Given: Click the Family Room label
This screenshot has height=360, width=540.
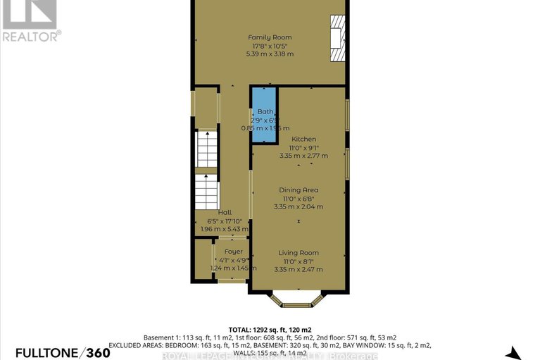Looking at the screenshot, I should coord(270,37).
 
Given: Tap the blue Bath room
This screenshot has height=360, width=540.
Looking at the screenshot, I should coord(265,116).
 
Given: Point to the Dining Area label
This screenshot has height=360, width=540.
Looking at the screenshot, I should coord(299,190).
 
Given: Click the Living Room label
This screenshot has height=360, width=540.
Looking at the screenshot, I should coord(299,253).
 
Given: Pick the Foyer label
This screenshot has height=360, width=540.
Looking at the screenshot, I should coord(233,252).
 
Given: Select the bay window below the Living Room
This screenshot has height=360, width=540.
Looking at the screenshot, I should coord(299,302).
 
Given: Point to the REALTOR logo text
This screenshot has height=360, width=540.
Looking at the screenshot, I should coord(31,33).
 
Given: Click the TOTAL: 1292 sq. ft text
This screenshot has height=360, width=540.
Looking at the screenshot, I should coord(269,329).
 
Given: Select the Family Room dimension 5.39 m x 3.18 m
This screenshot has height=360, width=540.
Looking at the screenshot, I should coord(270,54).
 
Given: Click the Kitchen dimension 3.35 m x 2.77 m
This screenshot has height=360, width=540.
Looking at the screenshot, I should coord(304,156).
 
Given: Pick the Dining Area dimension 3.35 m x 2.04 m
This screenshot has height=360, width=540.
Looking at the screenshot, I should coord(299,207).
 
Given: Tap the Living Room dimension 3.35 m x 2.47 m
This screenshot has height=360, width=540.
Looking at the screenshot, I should coord(299,269).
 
